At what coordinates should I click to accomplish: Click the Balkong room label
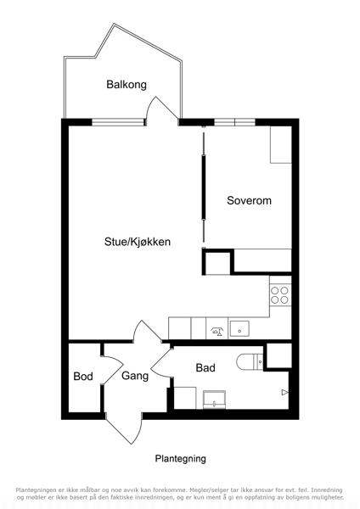tap(127, 85)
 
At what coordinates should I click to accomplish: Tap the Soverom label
tap(249, 200)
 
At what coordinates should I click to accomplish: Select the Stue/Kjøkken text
tap(138, 242)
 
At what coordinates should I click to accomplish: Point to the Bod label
tap(83, 376)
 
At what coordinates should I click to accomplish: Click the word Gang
tap(135, 376)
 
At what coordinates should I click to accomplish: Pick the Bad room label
tap(205, 368)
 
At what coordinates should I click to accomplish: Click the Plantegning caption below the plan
tap(180, 459)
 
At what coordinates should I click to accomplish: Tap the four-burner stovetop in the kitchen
tap(279, 295)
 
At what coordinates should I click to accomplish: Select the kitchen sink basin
tap(239, 329)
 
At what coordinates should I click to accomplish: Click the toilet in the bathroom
tap(250, 362)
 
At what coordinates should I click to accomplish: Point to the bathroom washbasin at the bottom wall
tap(214, 400)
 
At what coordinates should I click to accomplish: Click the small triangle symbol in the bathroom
tap(284, 393)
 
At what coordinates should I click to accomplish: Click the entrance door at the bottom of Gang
tap(124, 429)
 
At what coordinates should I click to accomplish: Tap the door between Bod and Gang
tap(112, 370)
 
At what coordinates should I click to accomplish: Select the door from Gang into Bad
tap(161, 362)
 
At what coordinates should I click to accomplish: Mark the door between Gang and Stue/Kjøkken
tap(147, 331)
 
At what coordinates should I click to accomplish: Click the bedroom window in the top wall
tap(234, 122)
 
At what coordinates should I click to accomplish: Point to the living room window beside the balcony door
tap(118, 122)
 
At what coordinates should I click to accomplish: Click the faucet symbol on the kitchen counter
tap(217, 332)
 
